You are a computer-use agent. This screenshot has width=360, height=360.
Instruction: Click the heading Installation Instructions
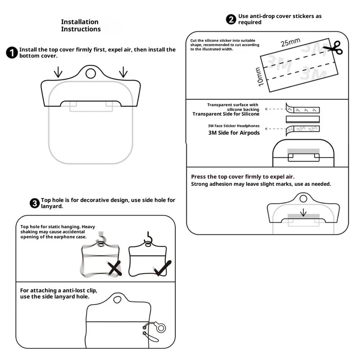pos(81,26)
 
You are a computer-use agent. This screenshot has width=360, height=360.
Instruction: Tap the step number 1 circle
pos(12,53)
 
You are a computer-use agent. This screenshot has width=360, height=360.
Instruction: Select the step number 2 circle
pos(231,19)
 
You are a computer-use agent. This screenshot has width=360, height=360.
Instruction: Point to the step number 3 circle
pos(34,203)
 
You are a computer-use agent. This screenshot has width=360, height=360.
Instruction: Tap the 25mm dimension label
pos(290,43)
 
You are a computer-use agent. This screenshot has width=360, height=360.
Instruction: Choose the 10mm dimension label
pos(258,77)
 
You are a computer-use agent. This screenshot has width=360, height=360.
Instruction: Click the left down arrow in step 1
pos(58,72)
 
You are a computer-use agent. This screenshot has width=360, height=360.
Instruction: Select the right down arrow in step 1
pos(123,72)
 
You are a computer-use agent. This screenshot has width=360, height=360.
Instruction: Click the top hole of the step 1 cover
pos(90,73)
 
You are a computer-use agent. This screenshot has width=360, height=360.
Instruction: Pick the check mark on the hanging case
pos(162,268)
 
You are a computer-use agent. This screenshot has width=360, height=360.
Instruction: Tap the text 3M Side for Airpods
pos(234,133)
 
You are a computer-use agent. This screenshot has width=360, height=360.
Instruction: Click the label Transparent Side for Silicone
pos(226,114)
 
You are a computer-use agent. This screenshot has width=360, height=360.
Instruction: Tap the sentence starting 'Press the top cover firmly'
pos(243,177)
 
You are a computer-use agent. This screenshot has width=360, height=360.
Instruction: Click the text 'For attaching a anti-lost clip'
pos(58,290)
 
